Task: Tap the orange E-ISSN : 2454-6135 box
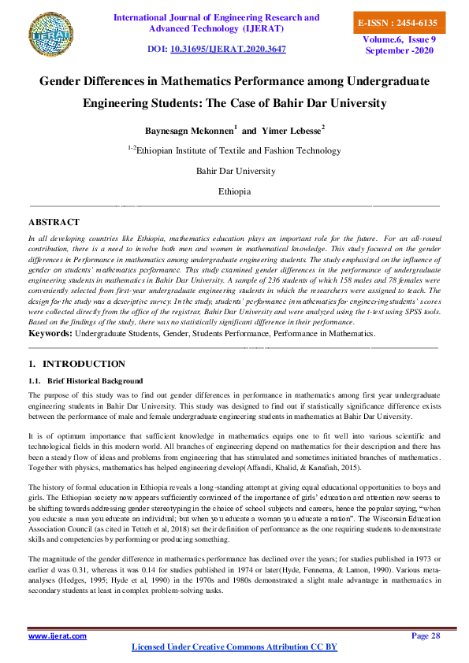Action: [397, 23]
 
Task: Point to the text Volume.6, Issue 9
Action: [399, 39]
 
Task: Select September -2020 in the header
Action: [399, 50]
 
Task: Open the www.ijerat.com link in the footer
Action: [58, 635]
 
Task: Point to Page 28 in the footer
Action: [426, 635]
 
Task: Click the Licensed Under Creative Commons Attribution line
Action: [233, 647]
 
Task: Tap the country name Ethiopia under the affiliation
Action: [234, 191]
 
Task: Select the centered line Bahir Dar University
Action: [234, 171]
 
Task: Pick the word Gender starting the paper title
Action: [64, 81]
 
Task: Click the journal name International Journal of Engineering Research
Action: [217, 17]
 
